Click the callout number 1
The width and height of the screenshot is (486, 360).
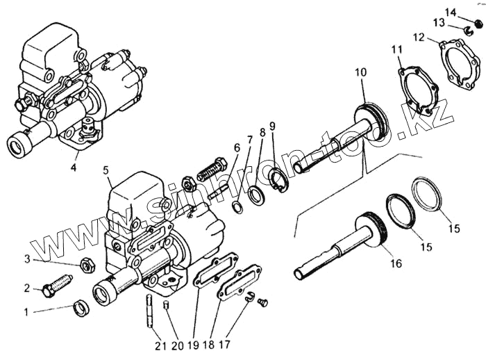point(27,312)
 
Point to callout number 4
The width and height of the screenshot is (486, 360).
point(74,167)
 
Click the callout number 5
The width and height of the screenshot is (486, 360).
point(106,170)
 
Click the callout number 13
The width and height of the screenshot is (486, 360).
point(438,22)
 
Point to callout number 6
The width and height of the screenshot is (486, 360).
point(236,147)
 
